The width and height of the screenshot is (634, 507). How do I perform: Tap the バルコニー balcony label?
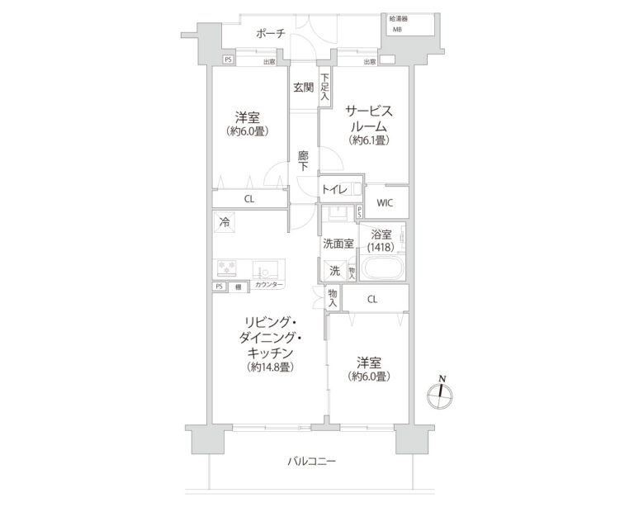click(312, 461)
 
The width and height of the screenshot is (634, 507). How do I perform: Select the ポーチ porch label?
click(270, 33)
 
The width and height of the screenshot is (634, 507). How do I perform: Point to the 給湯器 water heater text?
click(399, 17)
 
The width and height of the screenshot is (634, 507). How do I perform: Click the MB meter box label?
click(397, 30)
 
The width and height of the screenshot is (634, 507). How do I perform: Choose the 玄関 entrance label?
click(302, 88)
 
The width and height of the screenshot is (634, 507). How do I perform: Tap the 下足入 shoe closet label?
click(325, 86)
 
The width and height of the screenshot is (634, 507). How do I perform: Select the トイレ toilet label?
click(334, 189)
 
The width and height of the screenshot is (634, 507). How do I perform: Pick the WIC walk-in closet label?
click(385, 202)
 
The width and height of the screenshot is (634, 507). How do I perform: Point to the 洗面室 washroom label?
click(338, 244)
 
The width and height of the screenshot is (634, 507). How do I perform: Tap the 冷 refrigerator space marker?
click(224, 221)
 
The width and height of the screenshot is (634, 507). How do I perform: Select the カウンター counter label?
click(269, 286)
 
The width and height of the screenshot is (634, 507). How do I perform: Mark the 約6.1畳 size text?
click(367, 140)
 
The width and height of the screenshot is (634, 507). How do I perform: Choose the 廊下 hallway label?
click(303, 159)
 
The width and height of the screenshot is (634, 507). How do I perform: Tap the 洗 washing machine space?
click(334, 270)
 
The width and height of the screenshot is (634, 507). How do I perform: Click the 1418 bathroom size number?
click(381, 246)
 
